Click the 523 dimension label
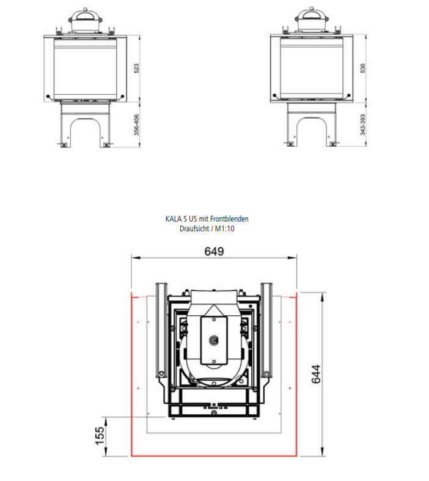137,69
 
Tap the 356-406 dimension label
137,124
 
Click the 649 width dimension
214,252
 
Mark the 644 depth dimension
316,374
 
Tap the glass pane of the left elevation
86,69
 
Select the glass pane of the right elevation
312,69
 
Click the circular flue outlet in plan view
214,341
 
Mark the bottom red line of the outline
214,456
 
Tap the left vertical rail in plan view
161,330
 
